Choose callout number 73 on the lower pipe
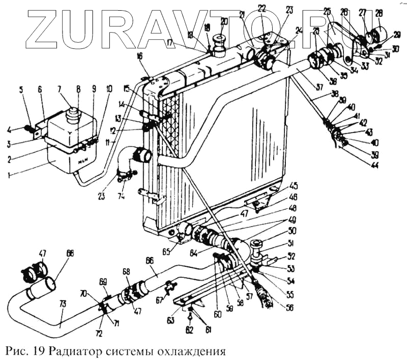(x=63, y=304)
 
